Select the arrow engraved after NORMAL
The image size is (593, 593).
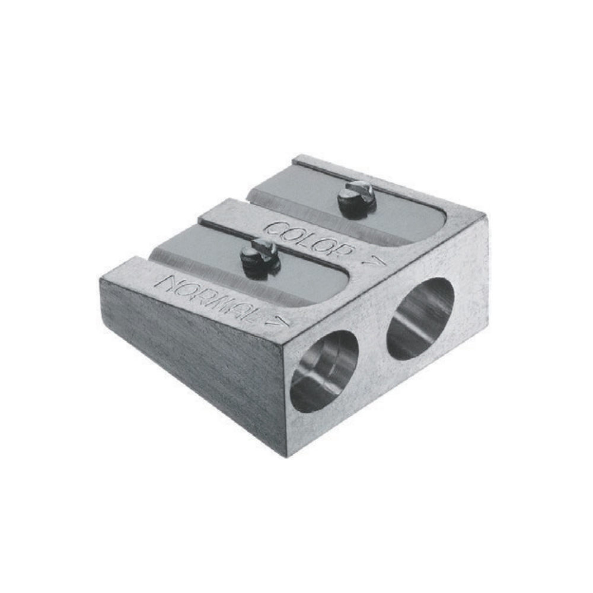[279, 322]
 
